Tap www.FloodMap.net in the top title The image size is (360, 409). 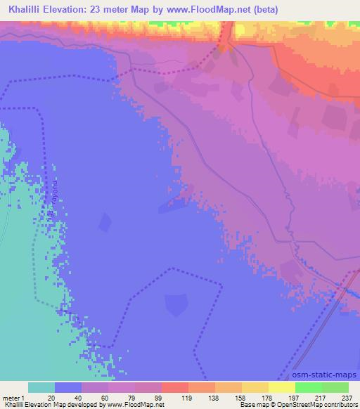coord(209,10)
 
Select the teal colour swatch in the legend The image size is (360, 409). coord(41,387)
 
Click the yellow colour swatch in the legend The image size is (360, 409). coord(281,387)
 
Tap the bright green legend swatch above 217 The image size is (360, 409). coord(308,387)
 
